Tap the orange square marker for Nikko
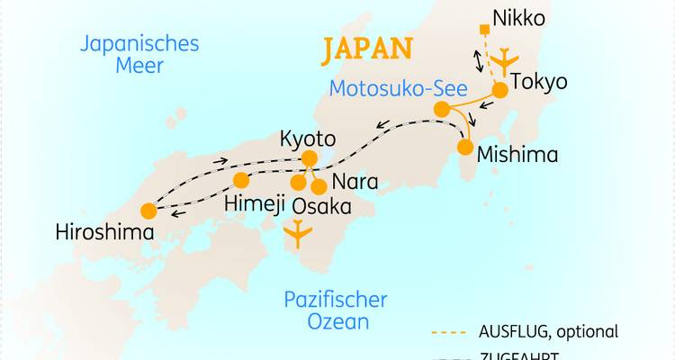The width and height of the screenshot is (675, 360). point(485,31)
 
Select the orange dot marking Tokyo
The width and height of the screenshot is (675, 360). point(498,91)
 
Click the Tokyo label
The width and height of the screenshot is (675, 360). point(539,83)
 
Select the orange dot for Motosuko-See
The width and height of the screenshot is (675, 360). point(442,109)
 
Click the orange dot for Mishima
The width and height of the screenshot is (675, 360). point(466,146)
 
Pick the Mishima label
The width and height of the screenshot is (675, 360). point(517,154)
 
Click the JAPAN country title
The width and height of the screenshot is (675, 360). point(367,49)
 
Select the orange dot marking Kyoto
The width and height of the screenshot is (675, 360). point(310,159)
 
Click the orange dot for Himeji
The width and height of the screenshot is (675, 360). point(241,179)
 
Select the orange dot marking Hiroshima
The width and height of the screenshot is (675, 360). point(148,211)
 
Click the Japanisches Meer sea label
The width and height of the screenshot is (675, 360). point(139,54)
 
